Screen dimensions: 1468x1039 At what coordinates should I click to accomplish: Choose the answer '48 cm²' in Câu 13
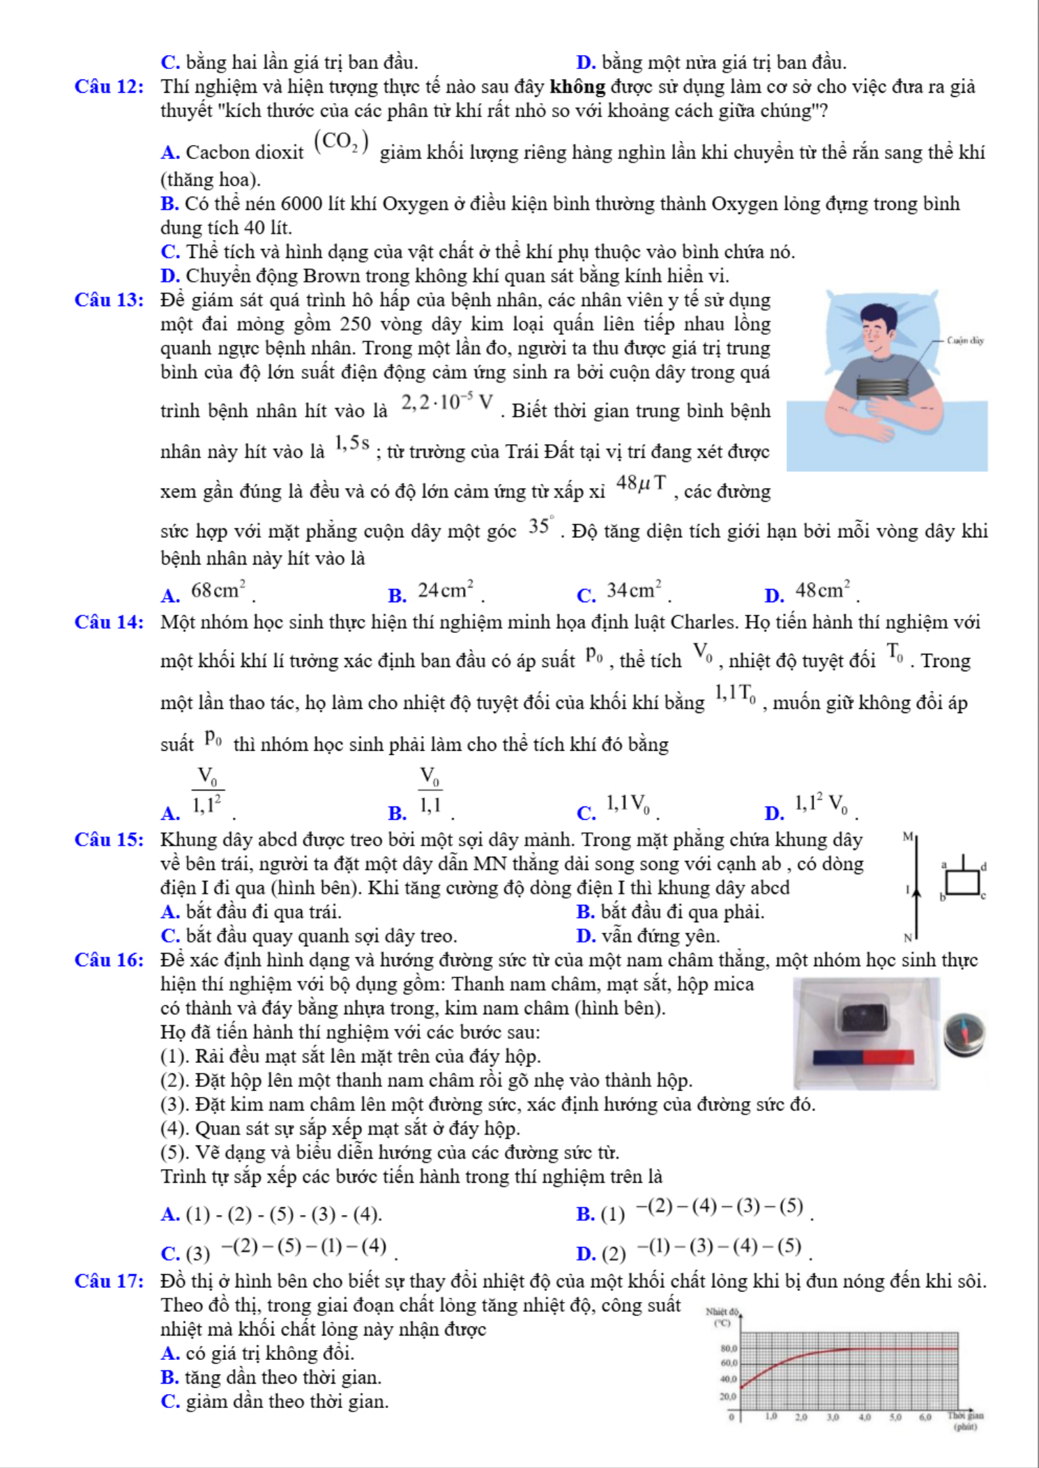pyautogui.click(x=823, y=591)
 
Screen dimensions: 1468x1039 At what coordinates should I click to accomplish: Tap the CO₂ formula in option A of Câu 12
pyautogui.click(x=341, y=142)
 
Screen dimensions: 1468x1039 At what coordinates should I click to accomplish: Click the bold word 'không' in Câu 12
pyautogui.click(x=577, y=87)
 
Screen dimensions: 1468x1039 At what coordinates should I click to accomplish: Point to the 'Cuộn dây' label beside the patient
pyautogui.click(x=965, y=341)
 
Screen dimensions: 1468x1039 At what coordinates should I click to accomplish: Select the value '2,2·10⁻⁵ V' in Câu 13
pyautogui.click(x=447, y=402)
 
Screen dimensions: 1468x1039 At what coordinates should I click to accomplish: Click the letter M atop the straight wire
pyautogui.click(x=907, y=836)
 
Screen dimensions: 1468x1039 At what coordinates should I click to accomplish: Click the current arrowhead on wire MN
pyautogui.click(x=917, y=892)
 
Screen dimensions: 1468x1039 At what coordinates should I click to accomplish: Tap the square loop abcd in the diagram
pyautogui.click(x=963, y=882)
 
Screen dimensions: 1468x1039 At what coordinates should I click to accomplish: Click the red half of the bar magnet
pyautogui.click(x=888, y=1057)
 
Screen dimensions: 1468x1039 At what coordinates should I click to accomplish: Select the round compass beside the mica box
pyautogui.click(x=964, y=1034)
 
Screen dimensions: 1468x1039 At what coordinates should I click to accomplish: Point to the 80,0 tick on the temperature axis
pyautogui.click(x=729, y=1349)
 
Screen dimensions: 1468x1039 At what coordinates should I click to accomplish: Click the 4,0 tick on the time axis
pyautogui.click(x=864, y=1417)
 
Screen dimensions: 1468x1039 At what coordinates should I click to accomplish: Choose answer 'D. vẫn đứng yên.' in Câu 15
pyautogui.click(x=648, y=936)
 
